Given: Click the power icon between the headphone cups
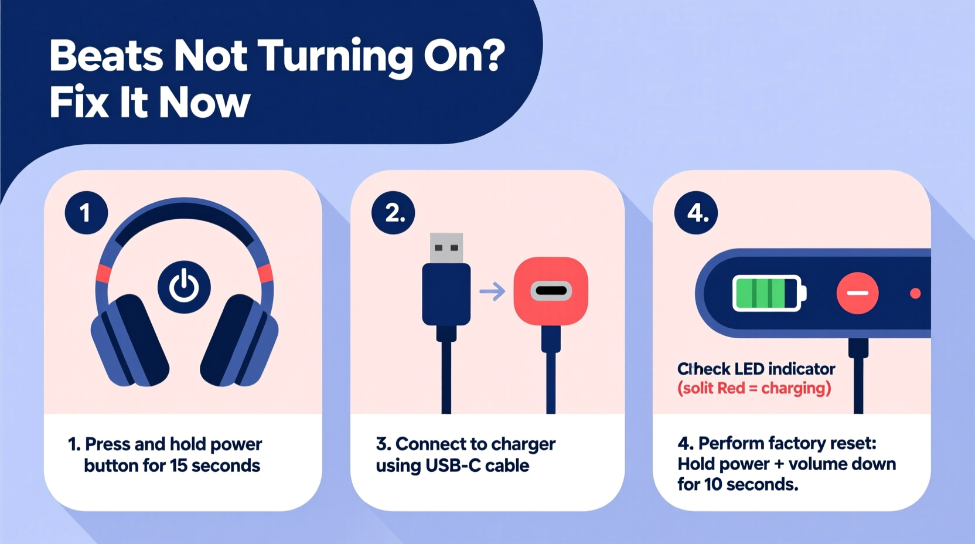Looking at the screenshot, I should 184,287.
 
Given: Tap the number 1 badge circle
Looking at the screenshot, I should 86,213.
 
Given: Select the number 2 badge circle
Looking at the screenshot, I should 393,213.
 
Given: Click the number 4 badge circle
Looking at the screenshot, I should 696,213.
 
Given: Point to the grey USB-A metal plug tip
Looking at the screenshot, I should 446,248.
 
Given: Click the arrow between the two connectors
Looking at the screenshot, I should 492,291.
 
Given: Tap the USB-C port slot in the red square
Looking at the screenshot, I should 551,291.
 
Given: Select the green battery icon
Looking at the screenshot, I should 768,293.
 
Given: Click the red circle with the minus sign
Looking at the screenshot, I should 857,293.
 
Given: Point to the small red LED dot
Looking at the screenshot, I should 915,293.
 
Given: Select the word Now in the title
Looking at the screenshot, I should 204,103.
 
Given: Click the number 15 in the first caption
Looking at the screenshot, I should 178,465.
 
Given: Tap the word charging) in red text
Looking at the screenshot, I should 796,388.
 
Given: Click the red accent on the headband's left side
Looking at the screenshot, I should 104,274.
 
